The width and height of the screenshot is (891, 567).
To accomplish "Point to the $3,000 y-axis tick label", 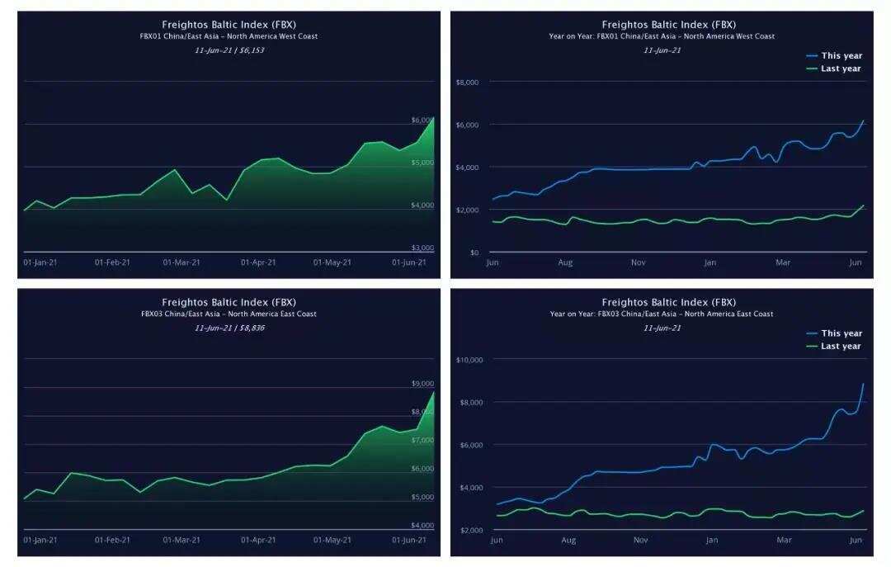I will click(x=422, y=248).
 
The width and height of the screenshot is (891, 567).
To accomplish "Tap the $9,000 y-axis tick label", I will click(x=422, y=384).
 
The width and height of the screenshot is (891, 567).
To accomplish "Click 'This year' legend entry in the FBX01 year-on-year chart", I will click(x=841, y=56).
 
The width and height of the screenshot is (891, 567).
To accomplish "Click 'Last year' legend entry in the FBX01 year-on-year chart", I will click(x=841, y=69).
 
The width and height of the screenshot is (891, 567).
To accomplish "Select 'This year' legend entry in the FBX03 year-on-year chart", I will click(x=841, y=333).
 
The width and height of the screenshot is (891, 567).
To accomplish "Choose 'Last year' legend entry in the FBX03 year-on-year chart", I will click(x=841, y=347).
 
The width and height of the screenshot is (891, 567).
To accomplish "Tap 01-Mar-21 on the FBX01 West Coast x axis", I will click(x=181, y=262).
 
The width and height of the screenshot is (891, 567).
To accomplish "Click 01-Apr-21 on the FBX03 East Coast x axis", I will click(x=259, y=540).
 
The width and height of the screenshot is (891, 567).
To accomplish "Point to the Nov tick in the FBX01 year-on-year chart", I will click(x=639, y=262).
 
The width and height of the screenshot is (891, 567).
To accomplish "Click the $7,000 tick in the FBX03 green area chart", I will click(x=422, y=441).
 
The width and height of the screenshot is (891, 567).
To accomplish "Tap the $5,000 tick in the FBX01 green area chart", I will click(x=422, y=163).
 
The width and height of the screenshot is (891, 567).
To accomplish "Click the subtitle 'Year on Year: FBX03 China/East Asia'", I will click(x=662, y=314).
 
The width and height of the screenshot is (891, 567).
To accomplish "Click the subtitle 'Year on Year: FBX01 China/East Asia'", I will click(x=662, y=36).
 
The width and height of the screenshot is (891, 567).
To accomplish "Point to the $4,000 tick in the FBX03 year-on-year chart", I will click(x=470, y=488).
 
